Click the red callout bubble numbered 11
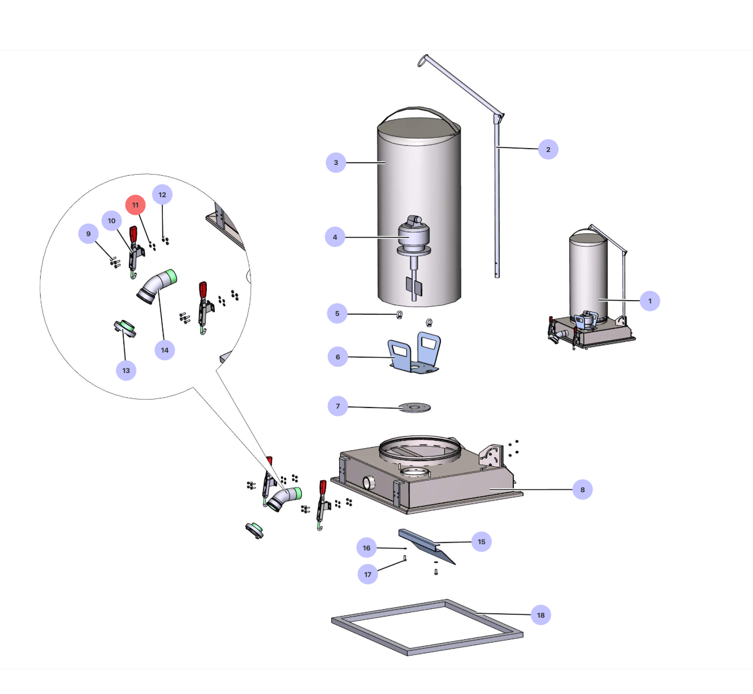coord(135,205)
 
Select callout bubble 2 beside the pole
coord(548,149)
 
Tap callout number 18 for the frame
coord(540,615)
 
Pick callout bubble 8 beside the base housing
coord(582,489)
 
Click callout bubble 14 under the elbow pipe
coord(165,350)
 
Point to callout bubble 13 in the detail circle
coord(126,371)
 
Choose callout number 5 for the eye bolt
coord(337,314)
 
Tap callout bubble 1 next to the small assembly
coord(650,301)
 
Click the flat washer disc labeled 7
coord(414,407)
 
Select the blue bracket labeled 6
coord(414,353)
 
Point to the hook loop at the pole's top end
coord(423,60)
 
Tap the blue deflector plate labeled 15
coord(427,546)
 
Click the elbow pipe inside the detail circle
coord(157,287)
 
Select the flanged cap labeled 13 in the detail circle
coord(125,328)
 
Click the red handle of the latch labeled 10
coord(133,234)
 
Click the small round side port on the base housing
coord(369,483)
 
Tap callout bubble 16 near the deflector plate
coord(366,548)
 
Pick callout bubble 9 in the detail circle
coord(88,233)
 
